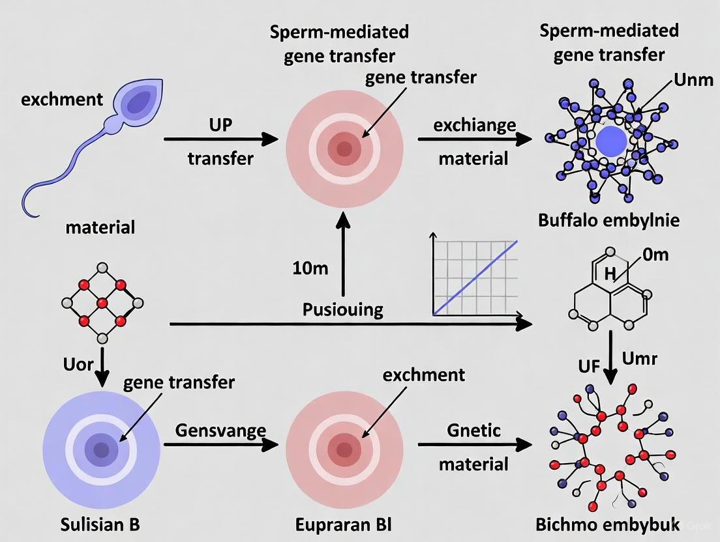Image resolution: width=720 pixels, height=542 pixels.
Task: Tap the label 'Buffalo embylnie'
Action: [608, 220]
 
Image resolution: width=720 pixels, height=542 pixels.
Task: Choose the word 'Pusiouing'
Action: [343, 309]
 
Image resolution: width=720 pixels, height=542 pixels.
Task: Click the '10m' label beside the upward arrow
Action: [311, 268]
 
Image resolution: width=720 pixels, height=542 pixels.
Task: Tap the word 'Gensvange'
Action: [221, 430]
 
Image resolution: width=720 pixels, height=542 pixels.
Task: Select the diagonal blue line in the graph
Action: [476, 278]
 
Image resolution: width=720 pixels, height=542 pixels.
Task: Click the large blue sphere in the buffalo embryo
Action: [611, 141]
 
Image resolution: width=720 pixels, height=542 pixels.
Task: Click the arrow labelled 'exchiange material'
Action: [473, 139]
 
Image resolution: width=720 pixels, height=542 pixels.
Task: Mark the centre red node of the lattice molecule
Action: [102, 304]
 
